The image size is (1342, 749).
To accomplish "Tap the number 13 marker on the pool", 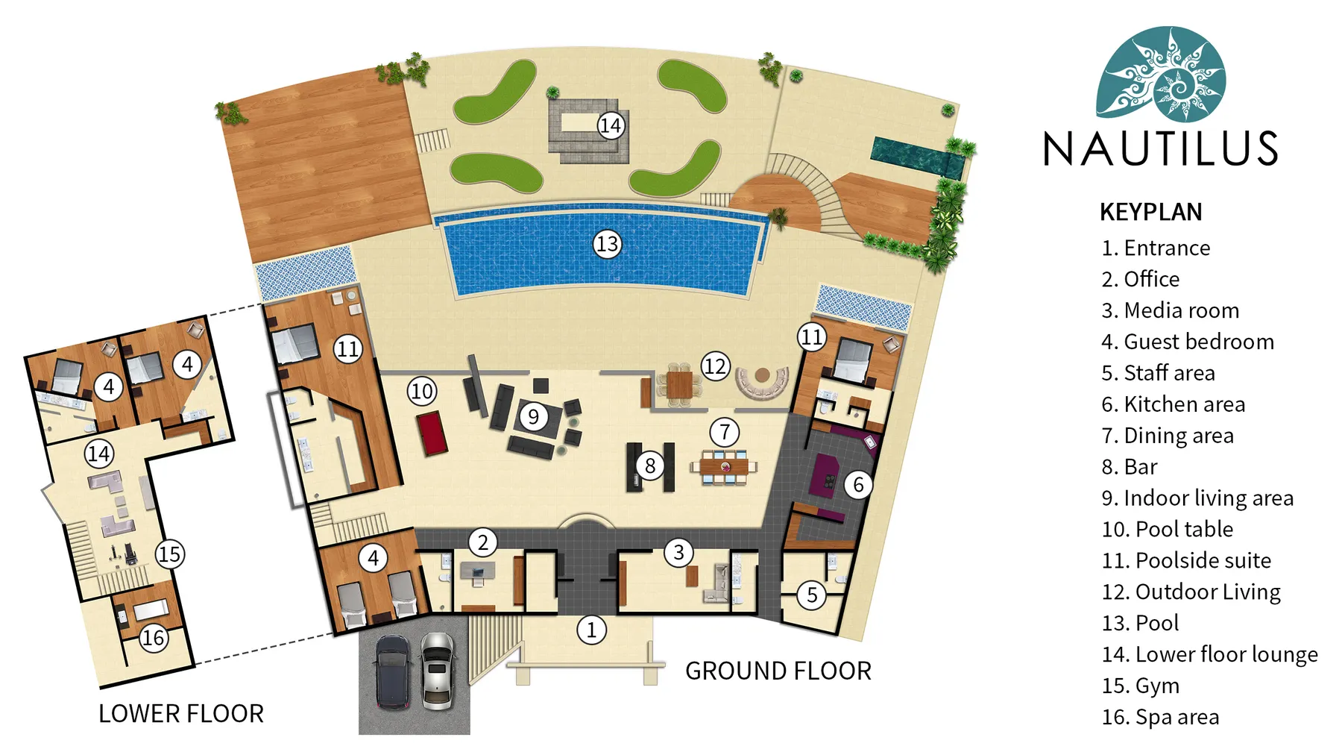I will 607,244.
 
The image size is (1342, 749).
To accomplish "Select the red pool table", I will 432,433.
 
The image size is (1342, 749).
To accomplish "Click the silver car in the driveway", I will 437,671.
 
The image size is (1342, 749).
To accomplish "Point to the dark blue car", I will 392,671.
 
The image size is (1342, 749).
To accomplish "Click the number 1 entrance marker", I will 591,630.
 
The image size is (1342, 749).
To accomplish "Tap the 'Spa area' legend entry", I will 1160,717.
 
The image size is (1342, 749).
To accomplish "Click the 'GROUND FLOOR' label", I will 778,671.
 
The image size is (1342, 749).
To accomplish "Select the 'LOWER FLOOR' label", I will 181,714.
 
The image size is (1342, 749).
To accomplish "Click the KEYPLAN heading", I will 1150,212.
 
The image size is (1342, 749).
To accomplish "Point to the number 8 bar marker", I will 650,466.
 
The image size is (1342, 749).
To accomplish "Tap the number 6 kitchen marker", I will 858,485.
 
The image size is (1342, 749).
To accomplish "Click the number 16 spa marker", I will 154,638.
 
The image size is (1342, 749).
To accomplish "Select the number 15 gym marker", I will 169,554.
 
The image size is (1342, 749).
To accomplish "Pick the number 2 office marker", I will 482,542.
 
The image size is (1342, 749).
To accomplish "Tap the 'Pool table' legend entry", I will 1167,529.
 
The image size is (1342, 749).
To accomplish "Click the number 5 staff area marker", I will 812,595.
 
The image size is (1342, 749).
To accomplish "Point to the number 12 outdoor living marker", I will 715,366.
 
